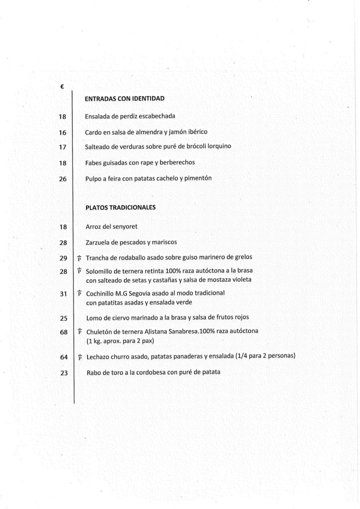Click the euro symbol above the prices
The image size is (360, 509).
pyautogui.click(x=61, y=86)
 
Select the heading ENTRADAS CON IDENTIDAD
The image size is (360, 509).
pyautogui.click(x=125, y=98)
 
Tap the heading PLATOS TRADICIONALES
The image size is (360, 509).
pyautogui.click(x=121, y=207)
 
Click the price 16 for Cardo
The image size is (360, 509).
pyautogui.click(x=63, y=132)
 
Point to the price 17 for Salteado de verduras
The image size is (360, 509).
pyautogui.click(x=63, y=147)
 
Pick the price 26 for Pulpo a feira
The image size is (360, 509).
pyautogui.click(x=63, y=179)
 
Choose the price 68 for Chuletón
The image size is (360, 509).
pyautogui.click(x=64, y=332)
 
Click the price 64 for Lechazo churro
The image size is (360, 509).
pyautogui.click(x=64, y=357)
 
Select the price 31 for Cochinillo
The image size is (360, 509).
pyautogui.click(x=63, y=294)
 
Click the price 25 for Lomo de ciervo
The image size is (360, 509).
pyautogui.click(x=63, y=317)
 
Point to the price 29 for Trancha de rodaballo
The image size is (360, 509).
pyautogui.click(x=63, y=258)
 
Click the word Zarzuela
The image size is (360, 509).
pyautogui.click(x=98, y=243)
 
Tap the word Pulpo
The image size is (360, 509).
pyautogui.click(x=93, y=178)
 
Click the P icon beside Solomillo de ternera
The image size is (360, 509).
pyautogui.click(x=79, y=271)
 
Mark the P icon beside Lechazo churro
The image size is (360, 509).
pyautogui.click(x=80, y=357)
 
